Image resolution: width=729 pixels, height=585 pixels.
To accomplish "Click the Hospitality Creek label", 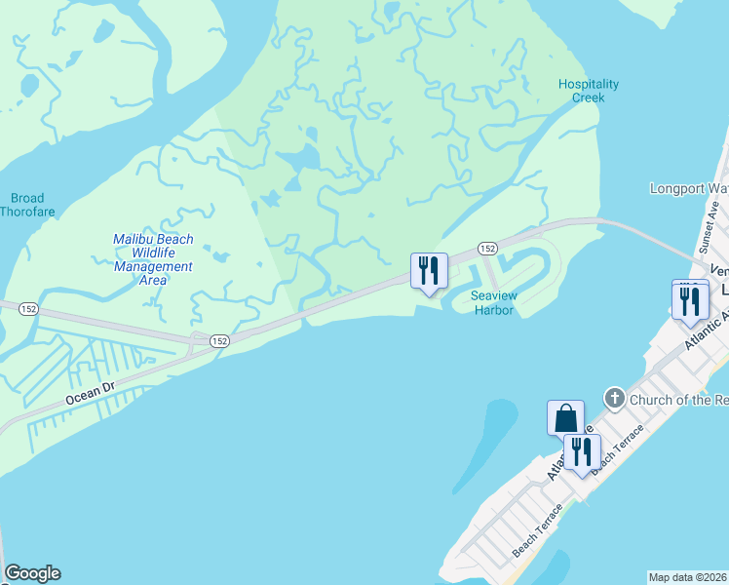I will point(588,91).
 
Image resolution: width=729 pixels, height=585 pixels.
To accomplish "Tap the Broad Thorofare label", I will point(22,205).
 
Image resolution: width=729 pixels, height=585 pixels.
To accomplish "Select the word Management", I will point(153,266).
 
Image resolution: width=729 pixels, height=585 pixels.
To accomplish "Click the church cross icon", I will point(614,398).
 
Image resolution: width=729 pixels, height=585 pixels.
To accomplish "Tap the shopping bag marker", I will point(565,418).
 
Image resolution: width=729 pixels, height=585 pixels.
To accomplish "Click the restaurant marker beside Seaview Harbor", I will point(429,272).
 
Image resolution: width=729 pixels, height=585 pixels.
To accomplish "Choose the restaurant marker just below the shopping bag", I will point(583,452).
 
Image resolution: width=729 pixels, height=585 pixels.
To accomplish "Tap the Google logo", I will point(32,573).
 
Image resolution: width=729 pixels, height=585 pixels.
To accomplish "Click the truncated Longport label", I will point(688,187).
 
